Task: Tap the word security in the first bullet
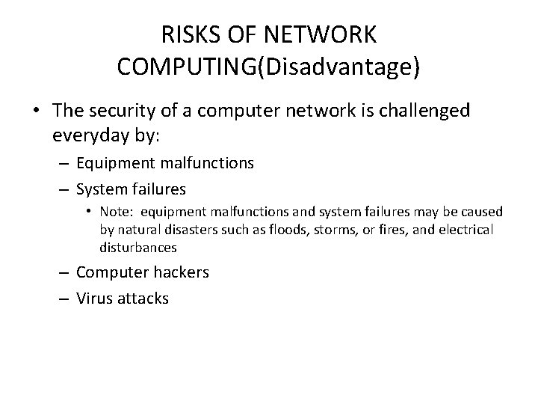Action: click(x=134, y=111)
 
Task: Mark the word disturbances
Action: click(x=138, y=246)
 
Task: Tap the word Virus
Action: click(x=96, y=299)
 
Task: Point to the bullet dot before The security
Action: click(x=36, y=111)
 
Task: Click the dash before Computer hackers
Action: click(x=64, y=272)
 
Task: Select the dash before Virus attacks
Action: click(x=64, y=299)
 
